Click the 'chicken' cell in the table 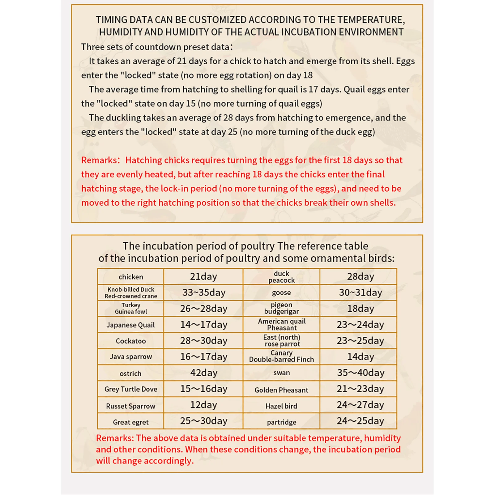tap(131, 277)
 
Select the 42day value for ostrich tap(204, 373)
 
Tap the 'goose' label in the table tap(281, 292)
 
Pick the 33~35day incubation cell tap(204, 292)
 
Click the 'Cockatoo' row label tap(131, 341)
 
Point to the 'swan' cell tap(281, 373)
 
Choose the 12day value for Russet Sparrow tap(204, 405)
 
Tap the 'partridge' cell tap(281, 422)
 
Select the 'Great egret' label tap(131, 422)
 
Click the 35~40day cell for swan tap(361, 373)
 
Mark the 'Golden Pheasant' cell tap(281, 390)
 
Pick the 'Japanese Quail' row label tap(131, 325)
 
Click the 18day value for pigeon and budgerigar tap(361, 309)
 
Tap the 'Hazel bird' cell tap(281, 406)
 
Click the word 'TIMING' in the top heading tap(111, 20)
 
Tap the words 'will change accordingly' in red tap(145, 461)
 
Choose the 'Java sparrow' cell tap(131, 356)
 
